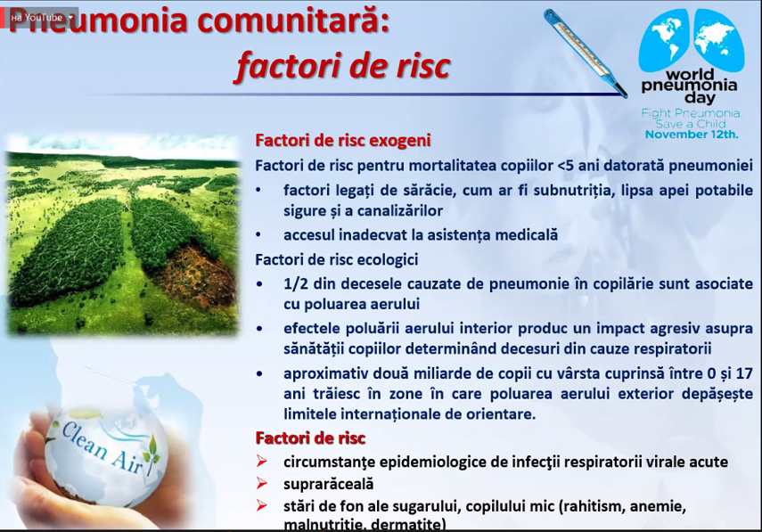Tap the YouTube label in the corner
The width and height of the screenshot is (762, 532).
pyautogui.click(x=41, y=17)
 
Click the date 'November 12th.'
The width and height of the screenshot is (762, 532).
pyautogui.click(x=692, y=135)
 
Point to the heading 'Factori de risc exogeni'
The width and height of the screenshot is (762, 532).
pyautogui.click(x=343, y=140)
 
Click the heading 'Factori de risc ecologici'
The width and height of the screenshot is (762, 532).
pyautogui.click(x=336, y=259)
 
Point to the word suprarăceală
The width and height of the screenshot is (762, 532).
pyautogui.click(x=328, y=484)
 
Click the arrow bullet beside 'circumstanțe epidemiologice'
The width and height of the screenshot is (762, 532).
pyautogui.click(x=261, y=462)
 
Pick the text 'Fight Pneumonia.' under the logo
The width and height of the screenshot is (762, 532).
pyautogui.click(x=691, y=113)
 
